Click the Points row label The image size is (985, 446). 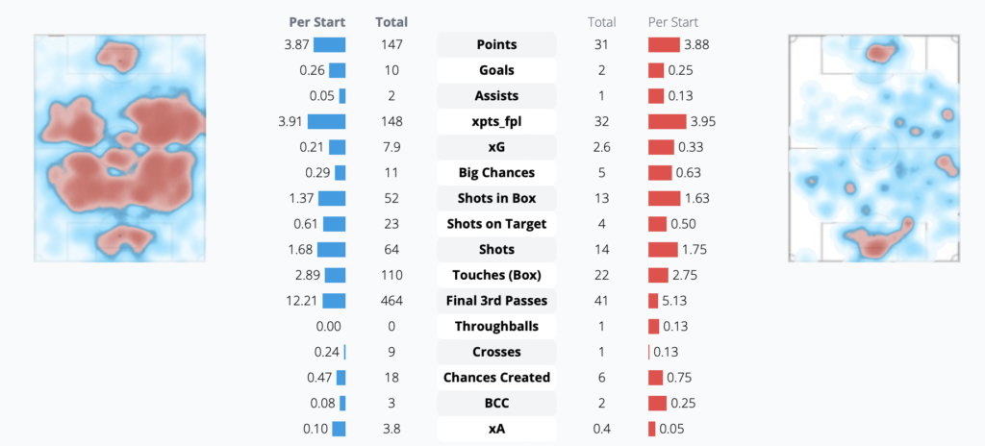[496, 45]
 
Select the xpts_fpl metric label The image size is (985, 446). [496, 122]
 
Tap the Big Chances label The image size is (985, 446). [496, 173]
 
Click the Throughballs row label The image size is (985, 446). [496, 327]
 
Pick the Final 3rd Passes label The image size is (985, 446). [496, 301]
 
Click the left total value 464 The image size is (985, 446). [391, 301]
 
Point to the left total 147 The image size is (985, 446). [391, 45]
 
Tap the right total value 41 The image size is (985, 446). [603, 301]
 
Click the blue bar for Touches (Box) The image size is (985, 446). [334, 275]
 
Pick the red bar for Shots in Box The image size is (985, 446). [664, 199]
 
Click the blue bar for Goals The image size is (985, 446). [337, 70]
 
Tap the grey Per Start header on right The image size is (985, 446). [673, 21]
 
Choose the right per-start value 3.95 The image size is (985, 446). [699, 122]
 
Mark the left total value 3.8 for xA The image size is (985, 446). [391, 429]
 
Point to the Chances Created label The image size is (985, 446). [496, 378]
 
